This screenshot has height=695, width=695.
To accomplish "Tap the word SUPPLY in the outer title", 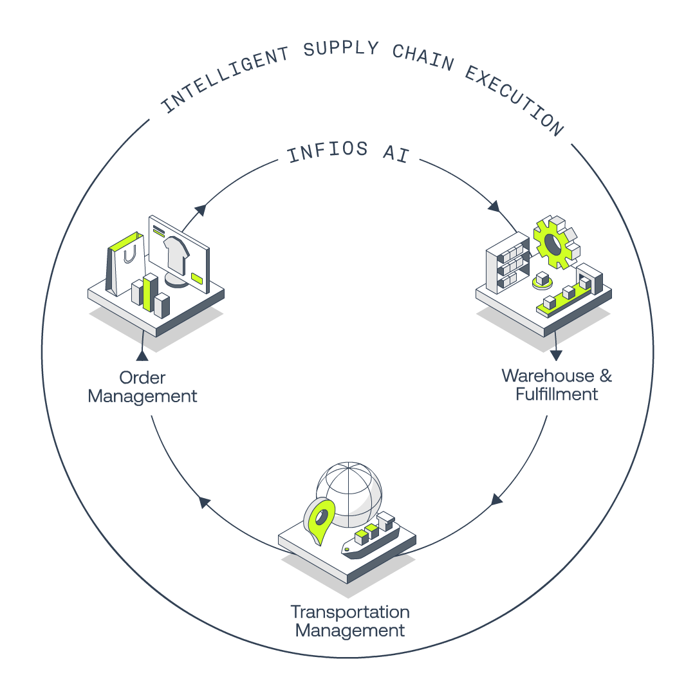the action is coord(341,48).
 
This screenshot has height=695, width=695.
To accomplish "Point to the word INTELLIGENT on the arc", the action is coord(225,79).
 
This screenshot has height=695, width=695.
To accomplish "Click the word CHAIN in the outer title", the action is coord(423,57).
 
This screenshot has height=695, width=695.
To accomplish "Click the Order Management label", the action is coord(142,387).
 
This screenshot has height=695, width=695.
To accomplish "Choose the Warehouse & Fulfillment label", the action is coord(557,385).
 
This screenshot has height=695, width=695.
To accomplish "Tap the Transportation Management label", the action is coord(349,621).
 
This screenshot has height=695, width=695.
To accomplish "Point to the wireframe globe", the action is coord(349,494).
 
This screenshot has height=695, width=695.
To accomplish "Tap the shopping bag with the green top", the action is coord(125,263).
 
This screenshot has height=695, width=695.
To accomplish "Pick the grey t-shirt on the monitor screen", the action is coord(176,255).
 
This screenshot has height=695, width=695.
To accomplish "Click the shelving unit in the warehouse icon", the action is coord(508,263).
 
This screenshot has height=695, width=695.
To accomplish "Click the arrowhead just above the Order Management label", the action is coord(142,355).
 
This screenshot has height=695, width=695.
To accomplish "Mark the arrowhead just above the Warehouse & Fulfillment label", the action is coord(556,355).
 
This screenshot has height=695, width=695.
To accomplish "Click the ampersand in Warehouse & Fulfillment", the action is coord(606,376).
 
